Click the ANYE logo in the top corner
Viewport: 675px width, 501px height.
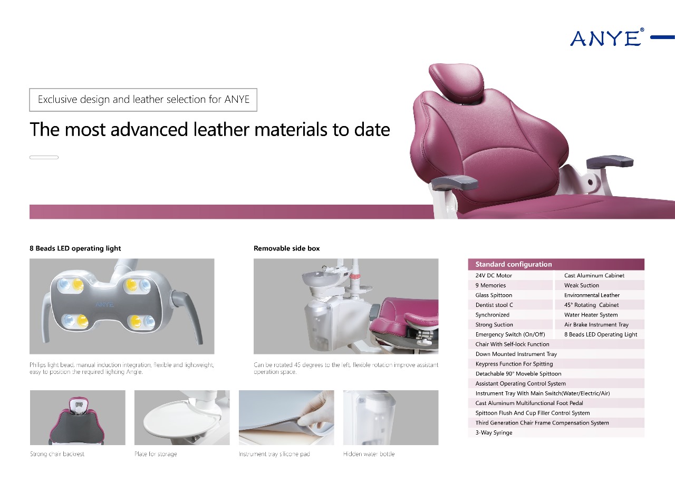pyautogui.click(x=607, y=37)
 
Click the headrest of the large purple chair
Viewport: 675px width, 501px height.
pyautogui.click(x=457, y=82)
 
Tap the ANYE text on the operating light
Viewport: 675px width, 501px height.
pyautogui.click(x=104, y=304)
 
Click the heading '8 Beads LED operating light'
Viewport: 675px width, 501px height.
pyautogui.click(x=75, y=248)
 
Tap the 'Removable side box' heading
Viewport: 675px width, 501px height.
pyautogui.click(x=287, y=248)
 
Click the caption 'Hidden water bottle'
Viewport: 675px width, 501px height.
pyautogui.click(x=369, y=454)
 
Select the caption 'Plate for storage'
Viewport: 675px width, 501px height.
pyautogui.click(x=156, y=454)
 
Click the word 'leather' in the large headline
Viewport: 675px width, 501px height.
pyautogui.click(x=221, y=129)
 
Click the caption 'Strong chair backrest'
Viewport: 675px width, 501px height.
pyautogui.click(x=57, y=454)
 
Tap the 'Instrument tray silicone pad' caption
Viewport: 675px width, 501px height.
pyautogui.click(x=274, y=454)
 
